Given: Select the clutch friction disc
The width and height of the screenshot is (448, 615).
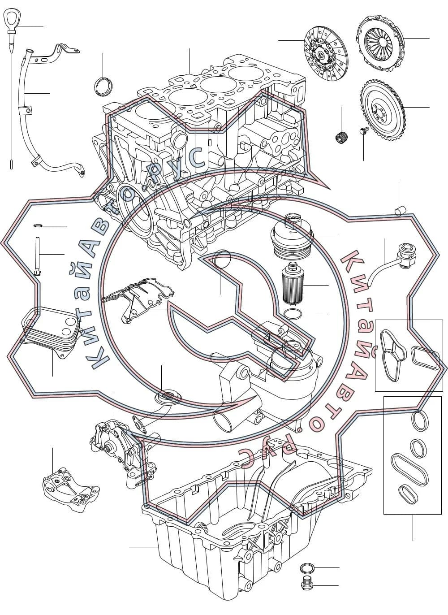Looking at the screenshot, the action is (326, 54).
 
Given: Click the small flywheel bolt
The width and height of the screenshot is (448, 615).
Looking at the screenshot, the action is (363, 131).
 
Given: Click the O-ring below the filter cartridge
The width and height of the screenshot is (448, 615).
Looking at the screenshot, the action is (293, 313).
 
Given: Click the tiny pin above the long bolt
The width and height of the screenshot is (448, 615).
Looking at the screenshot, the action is (37, 225).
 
